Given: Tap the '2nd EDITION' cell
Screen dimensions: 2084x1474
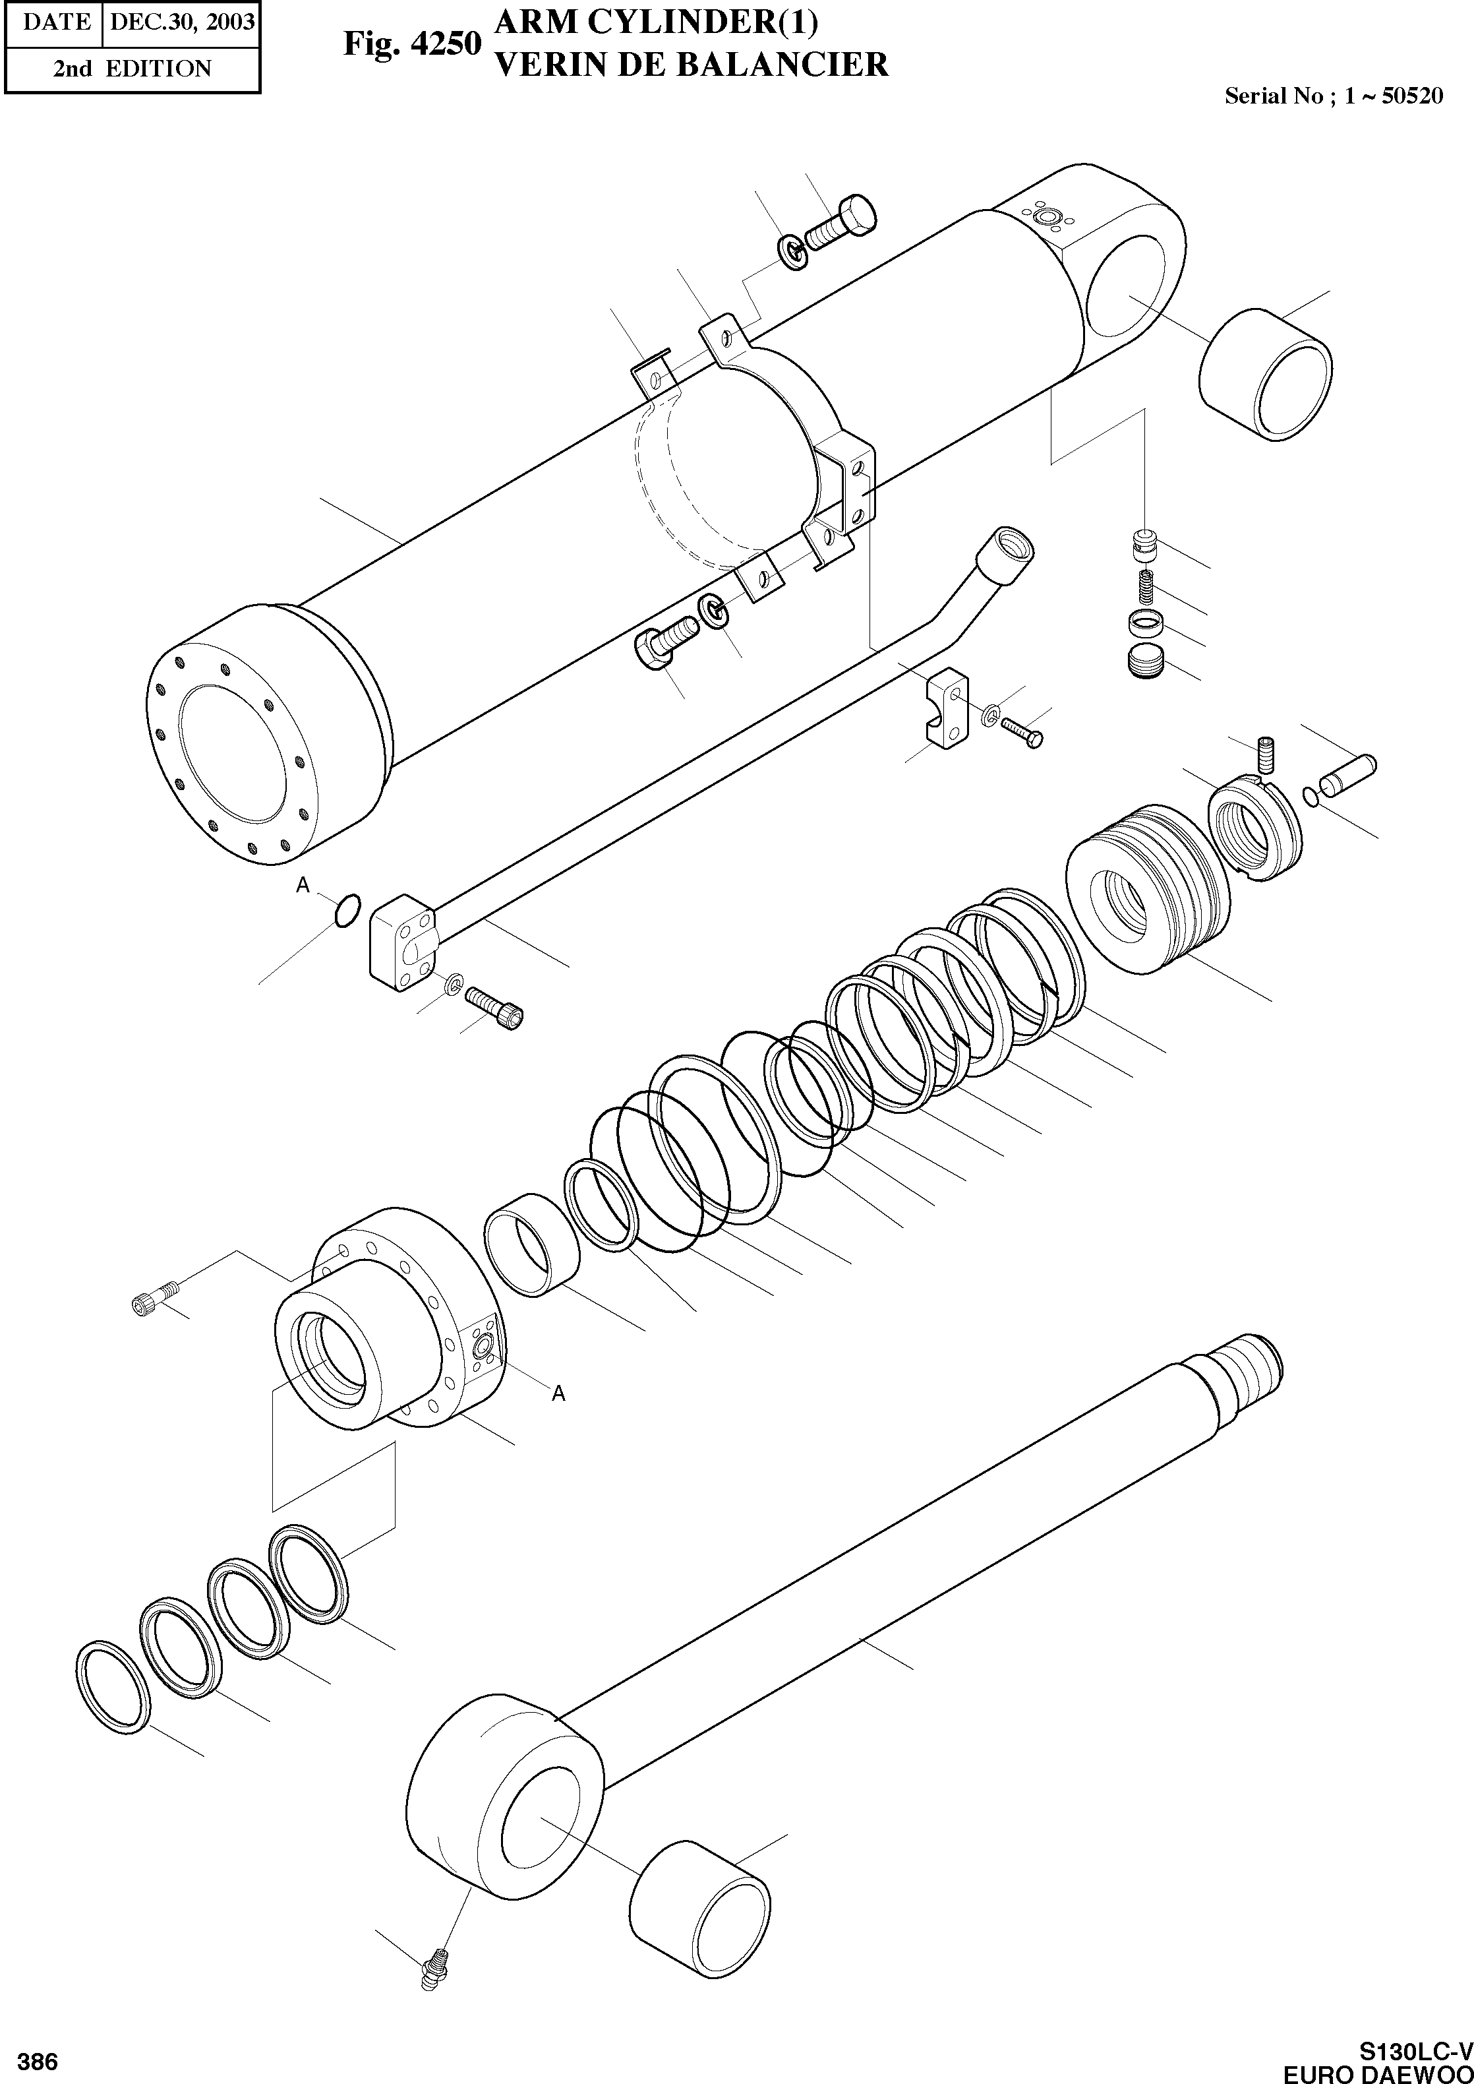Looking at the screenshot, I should click(x=132, y=69).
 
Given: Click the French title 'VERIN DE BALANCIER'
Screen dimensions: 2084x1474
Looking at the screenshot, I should click(x=690, y=65).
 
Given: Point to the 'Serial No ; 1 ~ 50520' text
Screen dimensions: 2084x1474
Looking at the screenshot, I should click(x=1334, y=96).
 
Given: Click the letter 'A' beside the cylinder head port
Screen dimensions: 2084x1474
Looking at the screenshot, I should click(x=559, y=1393).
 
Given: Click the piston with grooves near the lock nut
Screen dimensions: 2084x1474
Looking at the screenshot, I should click(x=1148, y=889).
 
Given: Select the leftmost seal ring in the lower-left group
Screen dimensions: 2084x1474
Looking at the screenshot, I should click(x=114, y=1687).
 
